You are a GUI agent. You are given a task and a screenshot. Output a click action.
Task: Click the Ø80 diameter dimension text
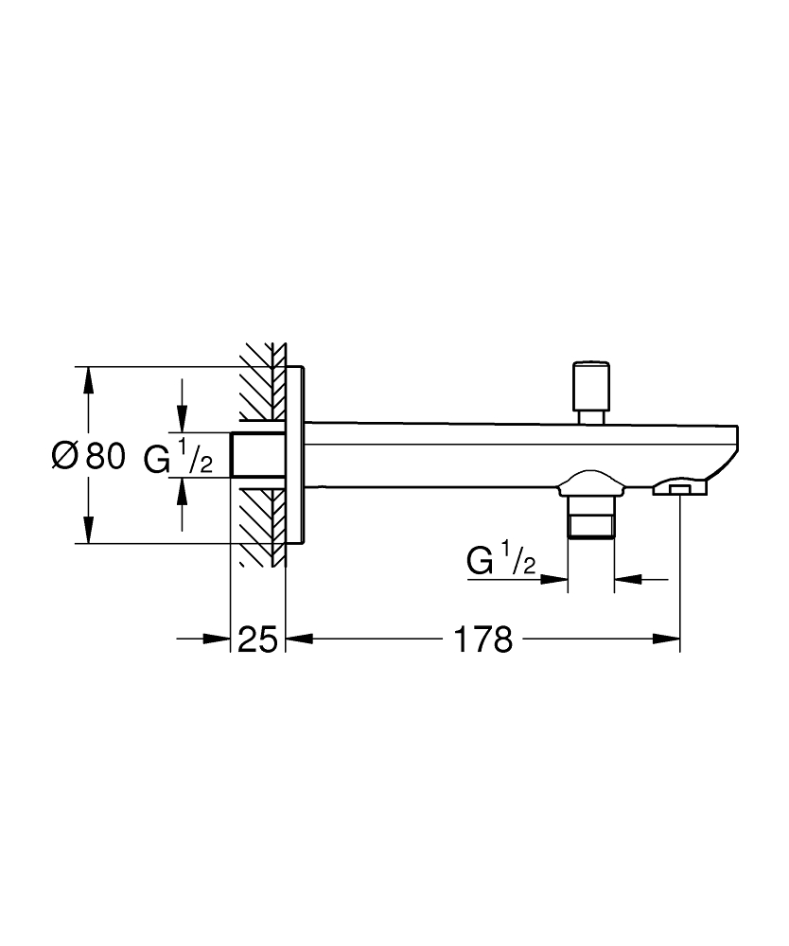tap(88, 458)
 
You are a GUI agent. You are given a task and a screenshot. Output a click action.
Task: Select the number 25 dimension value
tap(256, 640)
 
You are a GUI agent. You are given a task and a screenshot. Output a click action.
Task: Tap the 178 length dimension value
tap(482, 640)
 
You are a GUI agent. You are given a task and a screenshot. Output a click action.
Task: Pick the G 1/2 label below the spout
tap(501, 562)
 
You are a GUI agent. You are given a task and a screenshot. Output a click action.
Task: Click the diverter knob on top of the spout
tap(592, 384)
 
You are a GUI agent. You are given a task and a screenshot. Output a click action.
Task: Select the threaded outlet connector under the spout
tap(590, 517)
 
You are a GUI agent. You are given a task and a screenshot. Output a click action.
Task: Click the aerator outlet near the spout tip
tap(680, 488)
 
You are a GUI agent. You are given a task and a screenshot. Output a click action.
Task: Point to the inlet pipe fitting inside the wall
tap(257, 455)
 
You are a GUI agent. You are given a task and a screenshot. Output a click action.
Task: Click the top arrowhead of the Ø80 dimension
tap(88, 377)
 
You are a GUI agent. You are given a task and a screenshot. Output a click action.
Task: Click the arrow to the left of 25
tap(219, 640)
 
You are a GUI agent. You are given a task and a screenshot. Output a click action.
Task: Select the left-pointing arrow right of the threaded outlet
tap(626, 578)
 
